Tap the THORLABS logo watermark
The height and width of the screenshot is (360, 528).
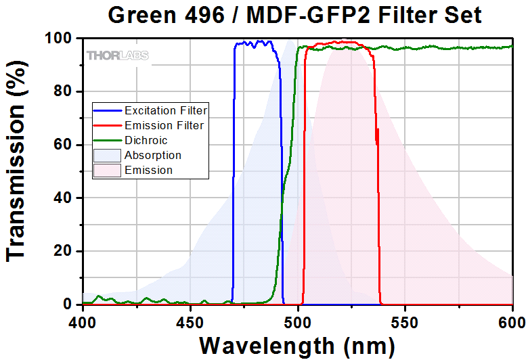click(x=117, y=55)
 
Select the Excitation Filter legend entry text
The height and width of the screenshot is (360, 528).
click(x=165, y=110)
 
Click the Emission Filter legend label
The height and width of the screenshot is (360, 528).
click(x=164, y=125)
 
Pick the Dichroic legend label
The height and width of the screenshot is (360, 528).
click(x=146, y=140)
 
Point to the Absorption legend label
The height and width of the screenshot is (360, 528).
click(x=153, y=155)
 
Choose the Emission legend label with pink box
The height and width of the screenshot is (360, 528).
click(x=148, y=170)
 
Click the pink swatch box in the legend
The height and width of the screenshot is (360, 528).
click(x=108, y=170)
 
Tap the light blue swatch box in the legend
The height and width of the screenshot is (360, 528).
click(x=108, y=155)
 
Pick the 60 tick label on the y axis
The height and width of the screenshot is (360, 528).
click(x=63, y=145)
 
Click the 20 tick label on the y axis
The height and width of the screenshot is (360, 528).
click(x=63, y=252)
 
